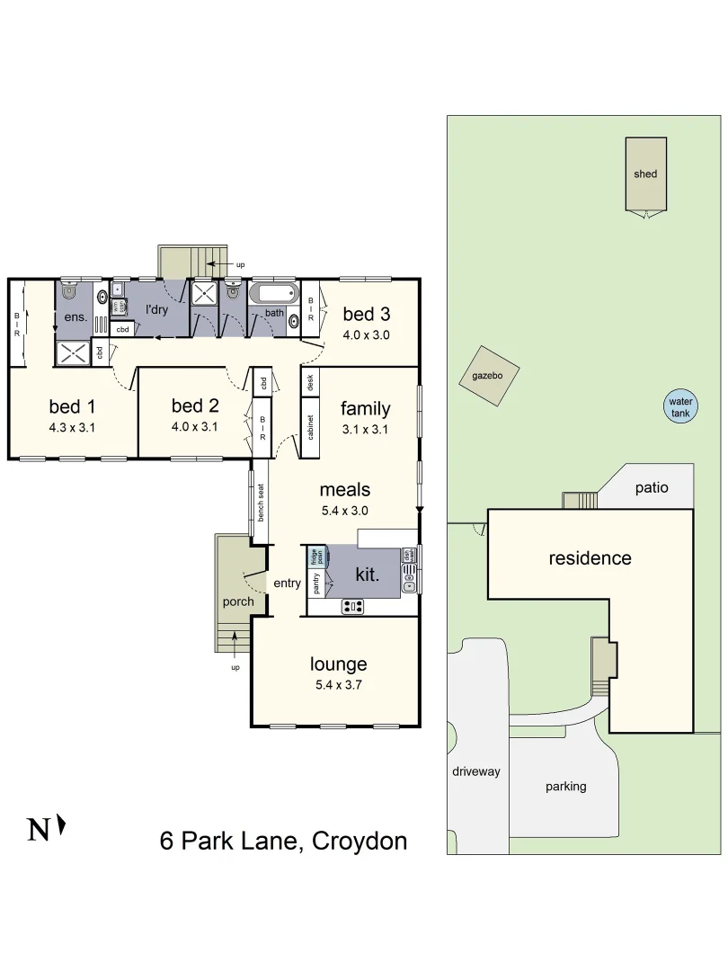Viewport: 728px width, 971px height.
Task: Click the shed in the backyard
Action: (x=645, y=174)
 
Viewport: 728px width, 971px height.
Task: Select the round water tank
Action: (x=680, y=407)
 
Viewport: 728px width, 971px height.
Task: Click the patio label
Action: (x=652, y=488)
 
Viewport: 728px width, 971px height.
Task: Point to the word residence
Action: (x=590, y=558)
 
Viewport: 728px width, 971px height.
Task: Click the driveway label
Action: (x=476, y=771)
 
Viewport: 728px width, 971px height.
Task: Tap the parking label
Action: (x=565, y=787)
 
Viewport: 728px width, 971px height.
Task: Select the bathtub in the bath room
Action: (x=272, y=294)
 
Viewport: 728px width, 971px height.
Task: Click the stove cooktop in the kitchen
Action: (x=353, y=607)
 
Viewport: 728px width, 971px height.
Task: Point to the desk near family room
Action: (x=310, y=380)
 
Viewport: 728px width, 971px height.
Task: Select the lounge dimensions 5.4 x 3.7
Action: (x=338, y=684)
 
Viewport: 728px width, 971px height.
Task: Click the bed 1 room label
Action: (x=72, y=406)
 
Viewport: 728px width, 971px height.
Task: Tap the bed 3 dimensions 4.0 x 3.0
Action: (x=367, y=335)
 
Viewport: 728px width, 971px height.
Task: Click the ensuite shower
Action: (x=73, y=353)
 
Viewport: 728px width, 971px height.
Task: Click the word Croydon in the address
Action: (x=359, y=841)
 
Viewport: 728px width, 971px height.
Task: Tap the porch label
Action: (x=238, y=601)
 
